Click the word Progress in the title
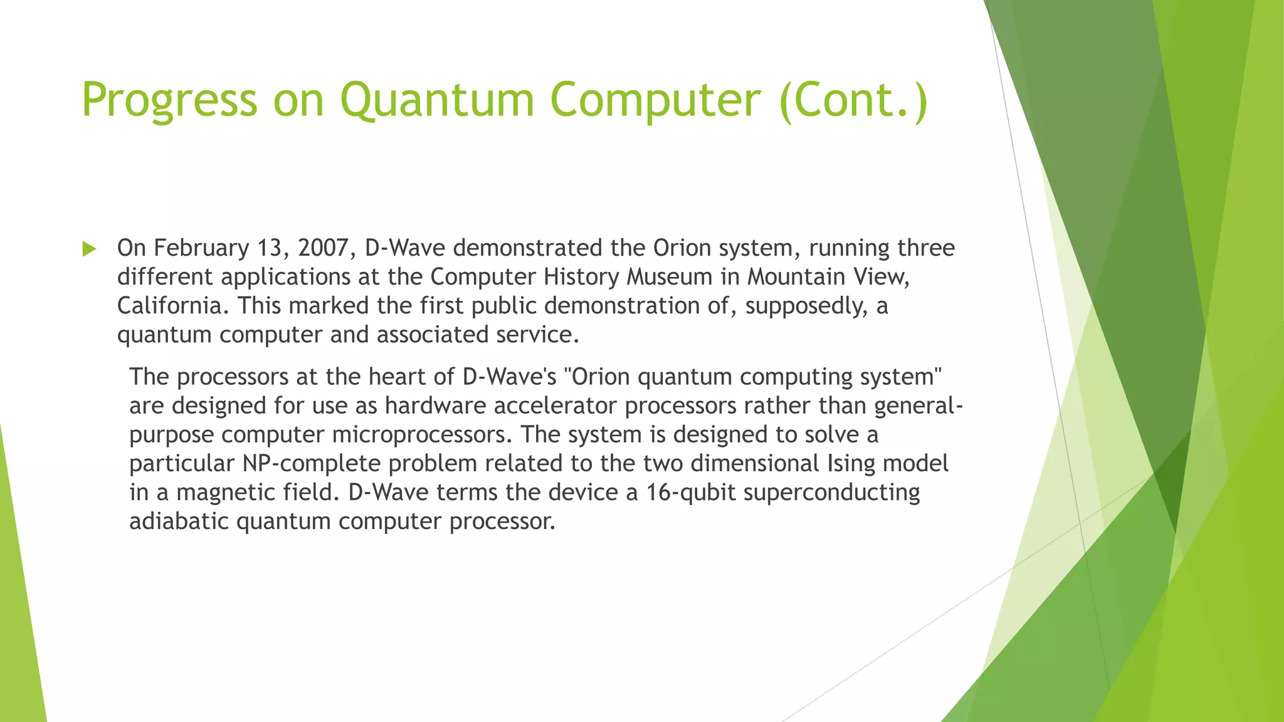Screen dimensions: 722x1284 (169, 100)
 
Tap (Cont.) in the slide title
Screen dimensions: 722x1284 (853, 100)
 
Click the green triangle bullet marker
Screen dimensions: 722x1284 (89, 249)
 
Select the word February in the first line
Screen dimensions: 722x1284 (201, 248)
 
